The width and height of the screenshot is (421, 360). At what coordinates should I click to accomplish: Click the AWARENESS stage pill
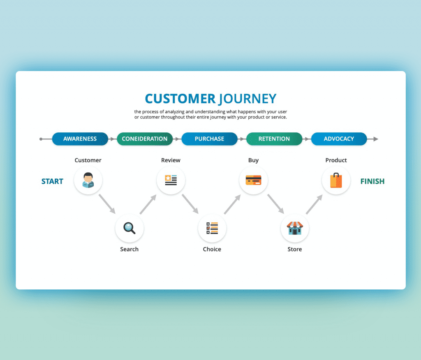point(80,139)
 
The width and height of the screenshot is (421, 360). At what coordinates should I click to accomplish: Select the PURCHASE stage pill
point(209,139)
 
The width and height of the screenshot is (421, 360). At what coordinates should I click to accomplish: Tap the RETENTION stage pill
point(274,139)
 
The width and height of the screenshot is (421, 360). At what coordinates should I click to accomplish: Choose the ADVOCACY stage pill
point(339,139)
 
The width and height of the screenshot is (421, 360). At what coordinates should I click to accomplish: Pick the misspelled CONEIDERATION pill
point(145,139)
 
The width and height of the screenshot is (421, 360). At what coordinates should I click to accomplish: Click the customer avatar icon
point(88,180)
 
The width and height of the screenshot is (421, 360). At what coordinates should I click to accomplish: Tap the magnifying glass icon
point(130,228)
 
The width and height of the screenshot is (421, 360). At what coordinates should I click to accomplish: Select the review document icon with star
point(171,180)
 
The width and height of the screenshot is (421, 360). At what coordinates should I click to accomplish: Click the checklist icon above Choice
point(212,228)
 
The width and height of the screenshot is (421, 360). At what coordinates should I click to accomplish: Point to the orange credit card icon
point(253,180)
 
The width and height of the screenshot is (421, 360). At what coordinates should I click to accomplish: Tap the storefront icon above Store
point(295,228)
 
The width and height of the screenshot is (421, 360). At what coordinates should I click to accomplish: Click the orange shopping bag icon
point(336,180)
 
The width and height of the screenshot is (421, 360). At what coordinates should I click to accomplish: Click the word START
point(52,182)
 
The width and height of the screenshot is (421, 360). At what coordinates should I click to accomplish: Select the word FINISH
point(372,182)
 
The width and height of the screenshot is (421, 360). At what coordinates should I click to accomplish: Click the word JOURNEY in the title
point(247,99)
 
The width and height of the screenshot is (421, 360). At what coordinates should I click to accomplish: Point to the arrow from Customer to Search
point(107,204)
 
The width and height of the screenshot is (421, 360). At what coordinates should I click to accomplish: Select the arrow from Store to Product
point(315,204)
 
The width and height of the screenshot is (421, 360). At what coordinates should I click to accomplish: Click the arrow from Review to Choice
point(190,204)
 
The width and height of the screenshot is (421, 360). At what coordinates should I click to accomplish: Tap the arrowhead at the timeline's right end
point(376,139)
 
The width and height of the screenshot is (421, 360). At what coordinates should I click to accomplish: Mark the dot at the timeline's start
point(41,139)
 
